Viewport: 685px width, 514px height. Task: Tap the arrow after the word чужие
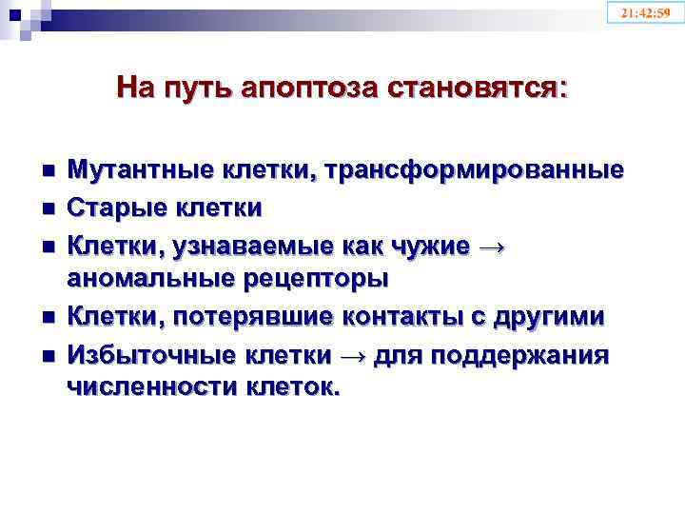click(x=490, y=245)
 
